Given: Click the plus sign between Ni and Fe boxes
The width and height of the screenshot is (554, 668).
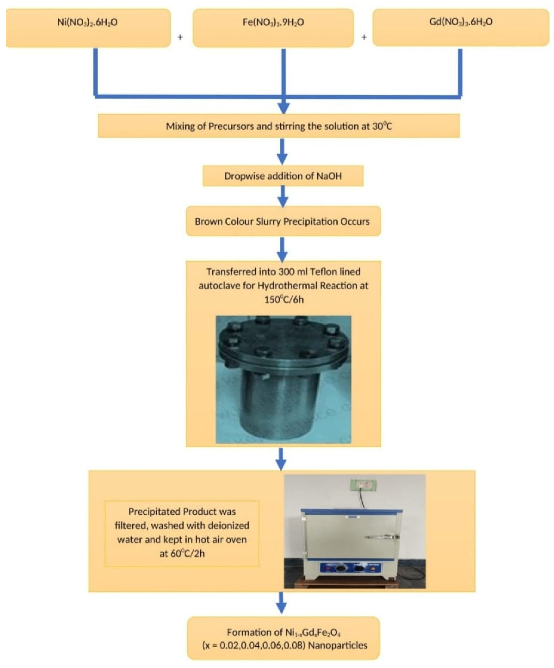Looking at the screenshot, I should tap(180, 37).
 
